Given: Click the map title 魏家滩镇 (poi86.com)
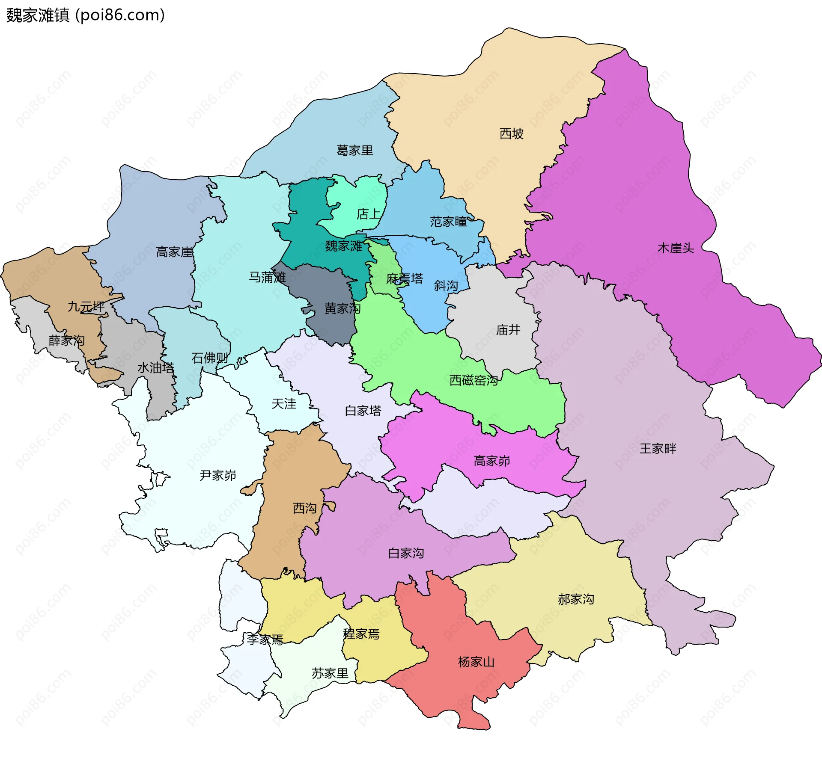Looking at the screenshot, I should pyautogui.click(x=85, y=15).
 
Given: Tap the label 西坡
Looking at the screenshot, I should pyautogui.click(x=511, y=134).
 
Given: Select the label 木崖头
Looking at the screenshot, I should pyautogui.click(x=676, y=248).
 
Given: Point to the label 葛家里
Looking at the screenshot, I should pyautogui.click(x=354, y=151).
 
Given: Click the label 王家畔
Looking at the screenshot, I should pyautogui.click(x=658, y=449).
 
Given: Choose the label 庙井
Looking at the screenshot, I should pyautogui.click(x=508, y=330).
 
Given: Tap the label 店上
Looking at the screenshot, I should pyautogui.click(x=369, y=214).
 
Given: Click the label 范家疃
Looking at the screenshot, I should pyautogui.click(x=448, y=222).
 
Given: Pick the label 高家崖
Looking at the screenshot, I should pyautogui.click(x=174, y=252).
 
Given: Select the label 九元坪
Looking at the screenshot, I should pyautogui.click(x=86, y=307).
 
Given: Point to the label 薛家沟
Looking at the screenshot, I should pyautogui.click(x=67, y=341).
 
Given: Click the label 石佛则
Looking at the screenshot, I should pyautogui.click(x=209, y=358).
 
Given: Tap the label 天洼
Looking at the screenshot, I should pyautogui.click(x=284, y=404).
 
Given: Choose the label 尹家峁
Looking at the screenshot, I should pyautogui.click(x=217, y=475).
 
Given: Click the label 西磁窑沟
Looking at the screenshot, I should pyautogui.click(x=474, y=380).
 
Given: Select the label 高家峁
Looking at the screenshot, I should pyautogui.click(x=491, y=461).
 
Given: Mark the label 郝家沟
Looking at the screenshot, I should pyautogui.click(x=576, y=599).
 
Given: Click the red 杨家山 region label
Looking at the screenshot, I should pyautogui.click(x=476, y=662).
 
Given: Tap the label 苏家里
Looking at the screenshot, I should pyautogui.click(x=330, y=673).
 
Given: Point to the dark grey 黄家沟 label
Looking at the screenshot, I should pyautogui.click(x=342, y=308).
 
